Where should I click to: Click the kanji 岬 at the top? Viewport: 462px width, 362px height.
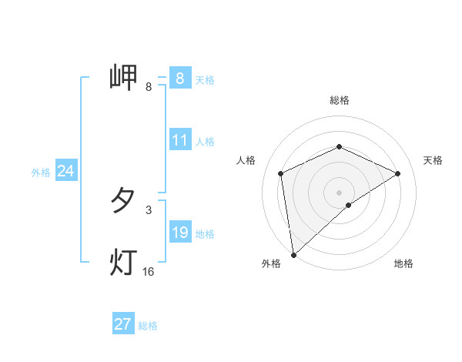click(x=124, y=78)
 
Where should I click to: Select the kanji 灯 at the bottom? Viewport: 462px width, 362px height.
click(x=124, y=263)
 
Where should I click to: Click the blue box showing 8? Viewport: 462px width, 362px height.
click(x=179, y=78)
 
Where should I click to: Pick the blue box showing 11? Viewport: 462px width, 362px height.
click(x=179, y=140)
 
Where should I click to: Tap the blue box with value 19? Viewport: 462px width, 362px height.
click(x=179, y=233)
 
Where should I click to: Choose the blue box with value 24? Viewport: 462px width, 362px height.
click(x=65, y=171)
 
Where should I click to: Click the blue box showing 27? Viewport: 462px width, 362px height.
click(x=122, y=324)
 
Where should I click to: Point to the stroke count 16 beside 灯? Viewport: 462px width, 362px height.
click(x=148, y=272)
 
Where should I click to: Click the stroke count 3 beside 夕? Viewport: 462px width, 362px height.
click(x=149, y=209)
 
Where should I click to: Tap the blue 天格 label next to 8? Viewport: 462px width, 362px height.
click(x=205, y=79)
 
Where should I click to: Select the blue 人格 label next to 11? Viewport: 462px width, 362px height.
click(x=205, y=142)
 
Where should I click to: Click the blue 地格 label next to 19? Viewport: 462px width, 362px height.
click(x=205, y=234)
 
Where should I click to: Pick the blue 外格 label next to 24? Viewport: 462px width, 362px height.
click(x=41, y=173)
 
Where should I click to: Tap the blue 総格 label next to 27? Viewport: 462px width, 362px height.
click(x=148, y=326)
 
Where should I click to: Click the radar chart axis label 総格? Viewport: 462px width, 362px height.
click(x=340, y=100)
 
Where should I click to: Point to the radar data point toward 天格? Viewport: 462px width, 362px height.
click(x=398, y=173)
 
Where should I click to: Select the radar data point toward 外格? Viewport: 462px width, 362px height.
click(x=293, y=255)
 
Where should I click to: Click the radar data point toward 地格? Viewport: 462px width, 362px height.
click(x=349, y=205)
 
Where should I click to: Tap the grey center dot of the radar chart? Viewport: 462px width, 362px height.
click(x=340, y=192)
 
